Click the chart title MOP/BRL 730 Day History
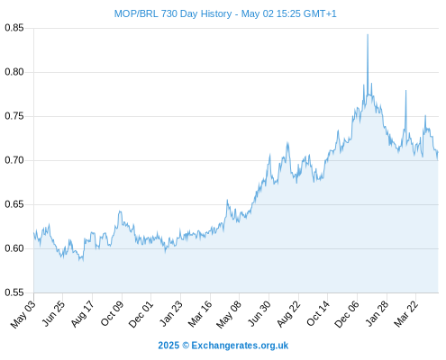tap(173, 13)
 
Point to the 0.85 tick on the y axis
tap(14, 28)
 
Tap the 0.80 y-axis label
tap(14, 72)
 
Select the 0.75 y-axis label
tap(14, 116)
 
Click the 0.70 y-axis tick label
tap(14, 160)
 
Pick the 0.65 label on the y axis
tap(14, 204)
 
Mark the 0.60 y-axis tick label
tap(14, 248)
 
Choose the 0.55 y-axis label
tap(14, 292)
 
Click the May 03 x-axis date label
tap(23, 314)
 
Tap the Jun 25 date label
tap(52, 314)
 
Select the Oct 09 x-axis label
tap(112, 314)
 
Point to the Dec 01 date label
tap(141, 314)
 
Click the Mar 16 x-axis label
tap(200, 314)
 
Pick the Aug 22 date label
tap(288, 314)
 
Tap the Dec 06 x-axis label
tap(347, 314)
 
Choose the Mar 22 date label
tap(405, 314)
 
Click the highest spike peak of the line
tap(368, 34)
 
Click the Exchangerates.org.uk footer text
tap(240, 346)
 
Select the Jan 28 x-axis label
tap(377, 314)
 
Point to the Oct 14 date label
tap(318, 314)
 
